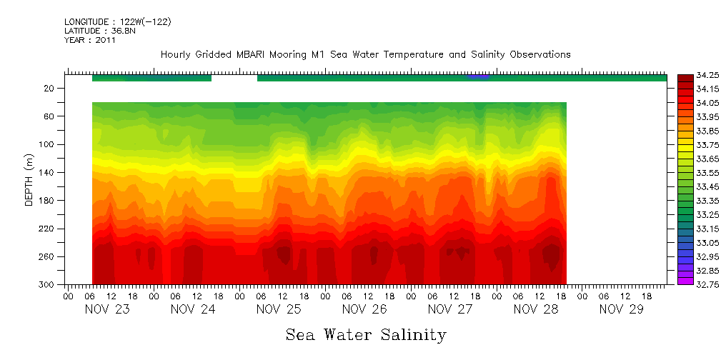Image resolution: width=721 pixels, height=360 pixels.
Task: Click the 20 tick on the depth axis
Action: tap(50, 88)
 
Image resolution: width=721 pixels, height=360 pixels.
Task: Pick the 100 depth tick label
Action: tap(48, 144)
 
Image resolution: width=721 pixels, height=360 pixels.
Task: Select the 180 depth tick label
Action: tap(48, 200)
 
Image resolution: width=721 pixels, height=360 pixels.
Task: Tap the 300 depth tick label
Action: tap(48, 284)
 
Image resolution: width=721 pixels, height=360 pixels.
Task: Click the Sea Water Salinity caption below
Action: tap(366, 335)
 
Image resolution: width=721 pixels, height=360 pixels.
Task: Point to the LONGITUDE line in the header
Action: tap(117, 22)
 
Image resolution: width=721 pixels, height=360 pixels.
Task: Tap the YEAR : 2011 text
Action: tap(89, 40)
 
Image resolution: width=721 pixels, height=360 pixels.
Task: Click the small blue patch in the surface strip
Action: tap(479, 76)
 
